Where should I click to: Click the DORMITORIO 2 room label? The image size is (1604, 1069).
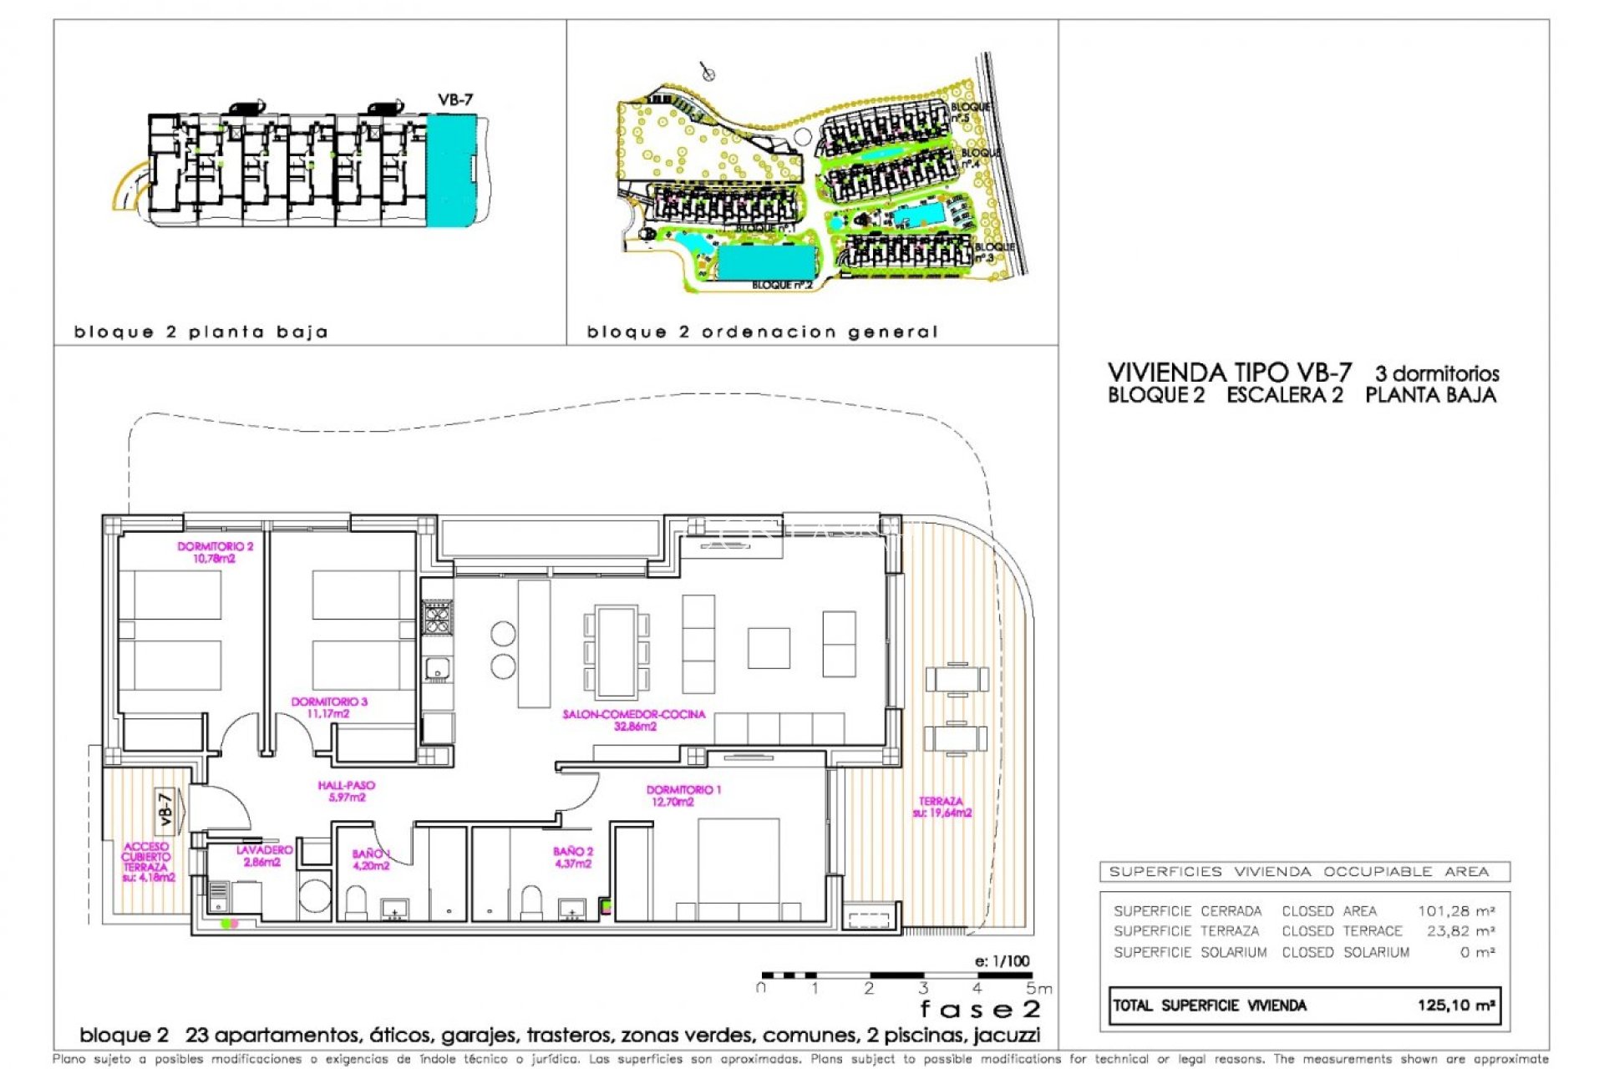pyautogui.click(x=215, y=552)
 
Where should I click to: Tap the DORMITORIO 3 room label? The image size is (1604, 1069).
pyautogui.click(x=329, y=707)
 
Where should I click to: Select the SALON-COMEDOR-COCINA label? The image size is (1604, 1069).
pyautogui.click(x=634, y=720)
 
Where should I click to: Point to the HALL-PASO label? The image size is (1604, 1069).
pyautogui.click(x=347, y=791)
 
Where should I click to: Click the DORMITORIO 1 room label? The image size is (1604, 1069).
pyautogui.click(x=683, y=795)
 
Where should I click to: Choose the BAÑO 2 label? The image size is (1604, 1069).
pyautogui.click(x=573, y=857)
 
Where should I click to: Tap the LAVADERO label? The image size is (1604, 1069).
pyautogui.click(x=264, y=855)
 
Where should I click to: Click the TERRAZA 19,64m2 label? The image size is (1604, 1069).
pyautogui.click(x=942, y=807)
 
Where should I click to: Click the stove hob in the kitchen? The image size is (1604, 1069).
pyautogui.click(x=437, y=619)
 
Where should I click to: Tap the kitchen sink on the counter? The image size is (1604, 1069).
pyautogui.click(x=437, y=669)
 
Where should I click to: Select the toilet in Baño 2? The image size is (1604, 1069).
pyautogui.click(x=531, y=902)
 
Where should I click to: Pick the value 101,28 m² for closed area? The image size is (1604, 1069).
pyautogui.click(x=1455, y=911)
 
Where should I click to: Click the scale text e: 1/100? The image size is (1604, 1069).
pyautogui.click(x=1002, y=961)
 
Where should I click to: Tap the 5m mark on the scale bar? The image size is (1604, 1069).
pyautogui.click(x=1038, y=989)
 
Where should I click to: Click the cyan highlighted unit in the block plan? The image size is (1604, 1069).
pyautogui.click(x=450, y=170)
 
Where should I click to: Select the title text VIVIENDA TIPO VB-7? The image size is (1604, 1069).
pyautogui.click(x=1229, y=372)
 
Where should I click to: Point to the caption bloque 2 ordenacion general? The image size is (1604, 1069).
pyautogui.click(x=762, y=332)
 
